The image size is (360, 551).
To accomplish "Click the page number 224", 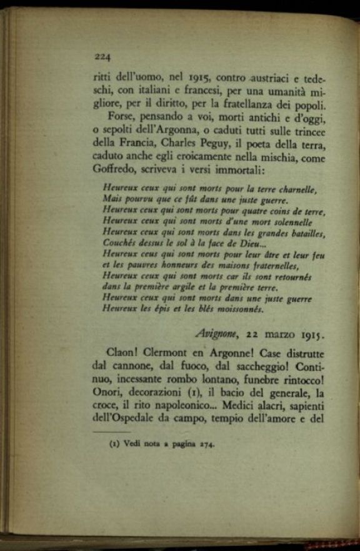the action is pyautogui.click(x=102, y=57).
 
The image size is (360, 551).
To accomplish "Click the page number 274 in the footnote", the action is pyautogui.click(x=207, y=445).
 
